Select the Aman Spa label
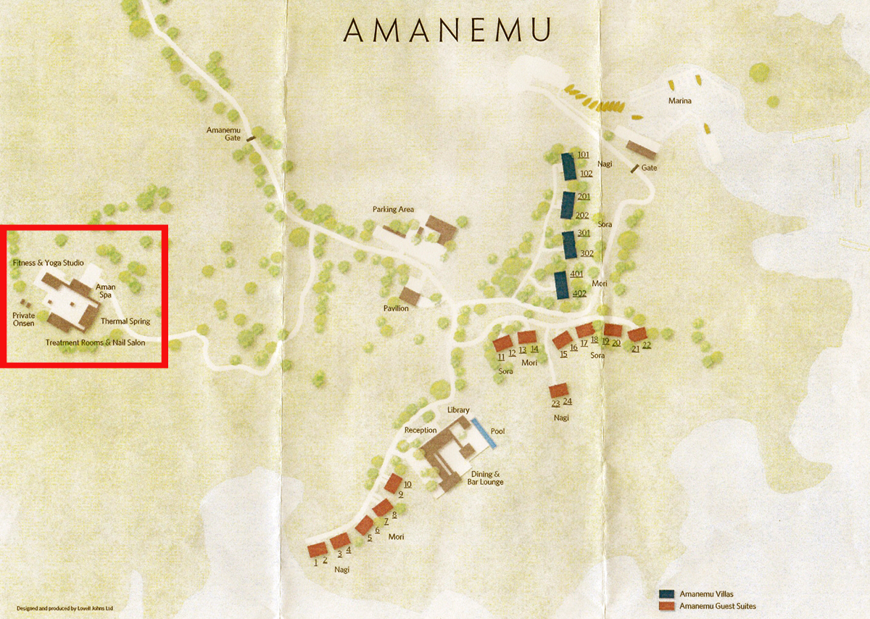click(105, 291)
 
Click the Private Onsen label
click(23, 319)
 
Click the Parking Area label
click(393, 210)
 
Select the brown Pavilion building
click(410, 295)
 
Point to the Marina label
click(679, 101)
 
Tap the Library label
click(458, 410)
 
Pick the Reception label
click(420, 430)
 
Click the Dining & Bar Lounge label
click(482, 477)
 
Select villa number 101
click(584, 155)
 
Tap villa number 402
click(579, 293)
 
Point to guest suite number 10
click(407, 484)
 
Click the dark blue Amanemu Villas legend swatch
click(667, 594)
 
